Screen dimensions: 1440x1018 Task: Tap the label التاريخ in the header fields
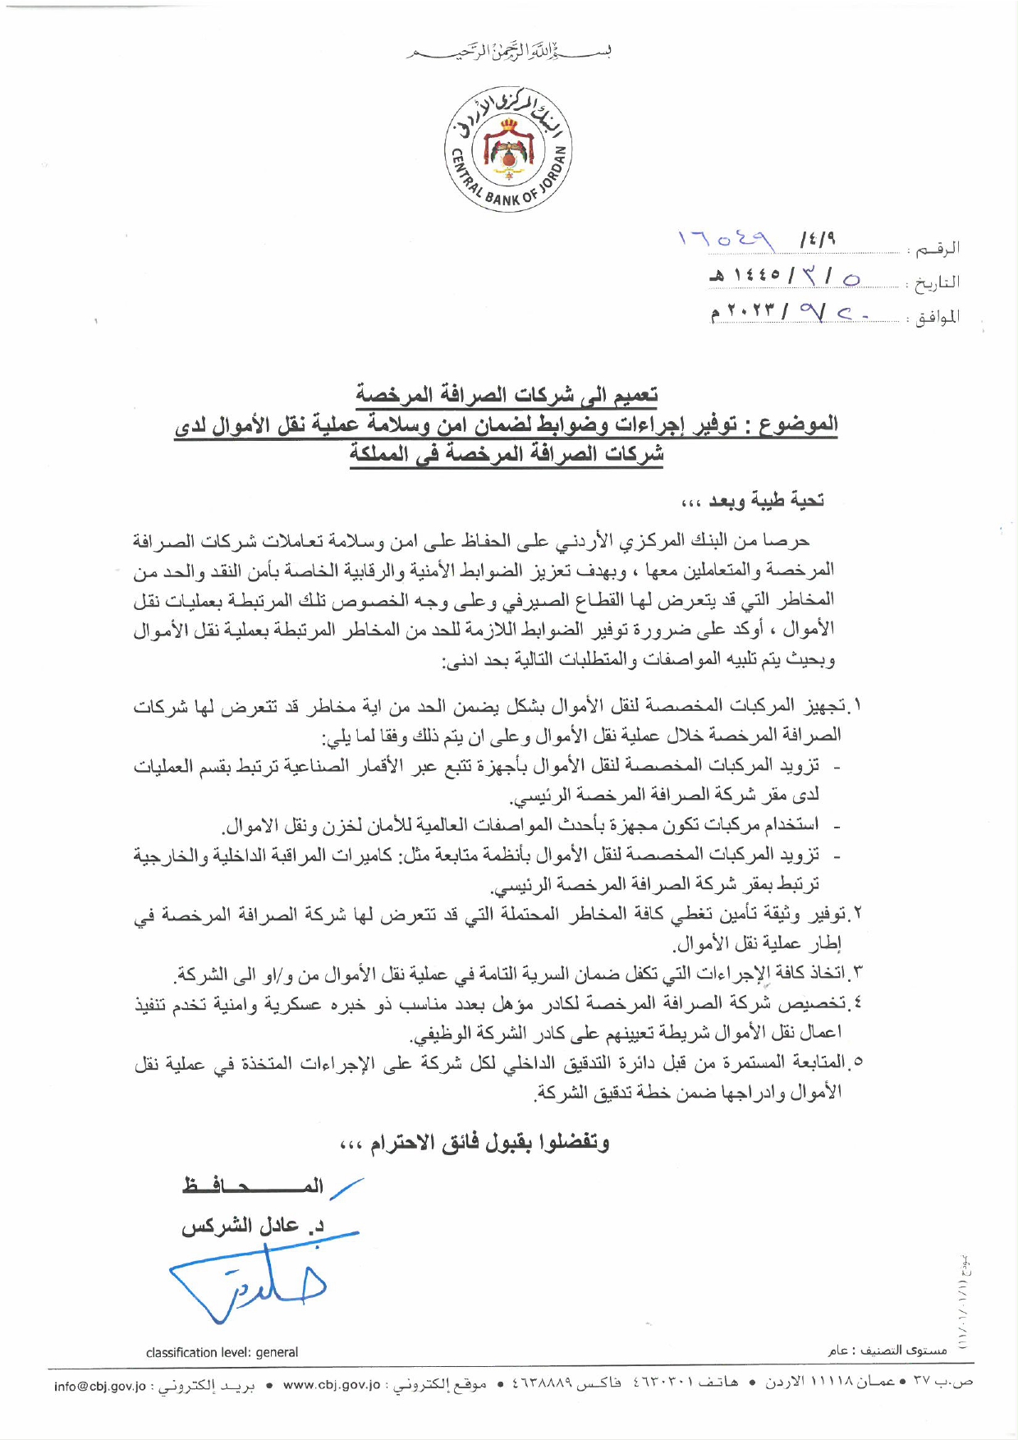[937, 282]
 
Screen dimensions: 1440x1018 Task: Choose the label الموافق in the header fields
[937, 317]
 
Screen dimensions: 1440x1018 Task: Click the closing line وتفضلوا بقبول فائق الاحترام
[475, 1142]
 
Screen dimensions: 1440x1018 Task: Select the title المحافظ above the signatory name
[253, 1185]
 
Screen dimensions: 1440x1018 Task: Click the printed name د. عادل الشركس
[253, 1226]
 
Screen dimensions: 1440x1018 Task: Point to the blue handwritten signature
[246, 1282]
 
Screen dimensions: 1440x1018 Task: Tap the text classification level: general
[222, 1352]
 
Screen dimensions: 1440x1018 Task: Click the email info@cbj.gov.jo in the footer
[99, 1386]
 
